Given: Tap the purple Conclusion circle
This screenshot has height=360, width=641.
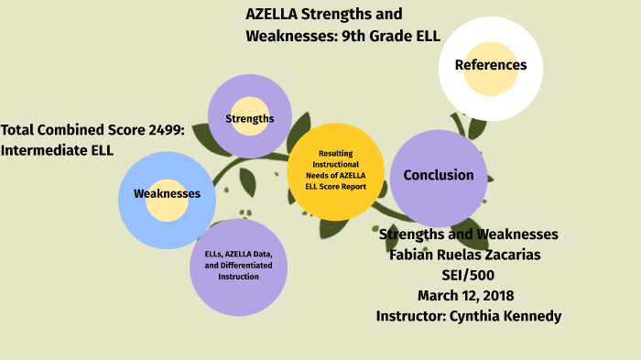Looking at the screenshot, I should coord(439,176).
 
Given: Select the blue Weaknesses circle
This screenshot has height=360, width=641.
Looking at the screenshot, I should coord(167,194).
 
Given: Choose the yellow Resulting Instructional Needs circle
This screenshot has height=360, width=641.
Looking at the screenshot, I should coord(335,171).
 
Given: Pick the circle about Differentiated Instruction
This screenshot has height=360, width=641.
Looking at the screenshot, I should coord(238,266).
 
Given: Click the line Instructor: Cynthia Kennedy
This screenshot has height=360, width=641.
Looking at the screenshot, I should coord(468,316).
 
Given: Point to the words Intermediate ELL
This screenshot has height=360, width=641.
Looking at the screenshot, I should coord(58,150).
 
